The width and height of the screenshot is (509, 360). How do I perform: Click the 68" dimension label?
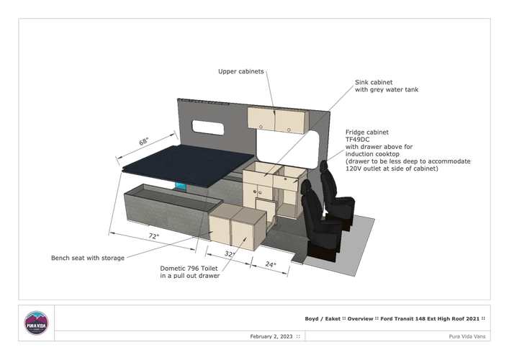point(144,142)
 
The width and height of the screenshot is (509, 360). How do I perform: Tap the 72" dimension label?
point(154,236)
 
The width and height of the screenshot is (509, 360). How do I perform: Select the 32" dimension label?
point(229,254)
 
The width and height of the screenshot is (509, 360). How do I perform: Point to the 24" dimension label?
point(271,264)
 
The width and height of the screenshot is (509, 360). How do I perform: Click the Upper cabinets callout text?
point(241,71)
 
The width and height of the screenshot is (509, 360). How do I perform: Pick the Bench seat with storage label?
point(88,258)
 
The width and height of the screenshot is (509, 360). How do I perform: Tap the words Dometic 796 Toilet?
point(189,269)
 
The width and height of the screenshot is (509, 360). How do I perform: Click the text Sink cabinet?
point(374,83)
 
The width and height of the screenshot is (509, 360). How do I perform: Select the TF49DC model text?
point(357,140)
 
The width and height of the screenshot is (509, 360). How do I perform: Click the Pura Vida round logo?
point(36,323)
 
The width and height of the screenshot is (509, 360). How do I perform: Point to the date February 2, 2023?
point(271,336)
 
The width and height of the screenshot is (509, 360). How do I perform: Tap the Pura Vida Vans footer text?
point(467,336)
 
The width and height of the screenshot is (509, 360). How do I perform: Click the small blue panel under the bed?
point(181,186)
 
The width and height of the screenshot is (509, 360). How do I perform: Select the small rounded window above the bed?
point(208,127)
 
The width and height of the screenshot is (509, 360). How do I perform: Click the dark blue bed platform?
point(189,166)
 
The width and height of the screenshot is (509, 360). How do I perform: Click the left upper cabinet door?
point(261,118)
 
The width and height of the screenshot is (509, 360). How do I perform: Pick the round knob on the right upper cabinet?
point(289,130)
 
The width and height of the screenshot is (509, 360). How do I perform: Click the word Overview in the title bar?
point(360,319)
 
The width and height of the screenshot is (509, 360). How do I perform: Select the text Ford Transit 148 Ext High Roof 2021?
point(430,319)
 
